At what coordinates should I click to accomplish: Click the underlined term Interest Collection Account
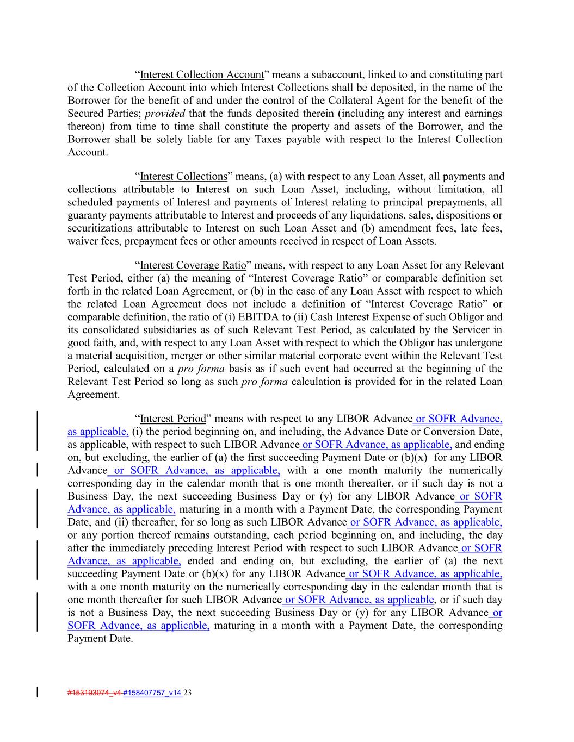(202, 75)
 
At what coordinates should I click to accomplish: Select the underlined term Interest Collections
(183, 177)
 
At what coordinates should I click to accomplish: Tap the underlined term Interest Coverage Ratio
(193, 266)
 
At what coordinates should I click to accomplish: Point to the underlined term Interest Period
(173, 419)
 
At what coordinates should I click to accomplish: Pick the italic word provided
(165, 114)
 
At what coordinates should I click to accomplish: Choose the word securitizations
(98, 228)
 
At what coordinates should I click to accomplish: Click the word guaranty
(88, 215)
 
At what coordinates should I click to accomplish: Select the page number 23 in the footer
(188, 693)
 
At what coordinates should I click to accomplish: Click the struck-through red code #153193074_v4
(91, 693)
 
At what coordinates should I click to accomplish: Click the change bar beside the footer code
(37, 693)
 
